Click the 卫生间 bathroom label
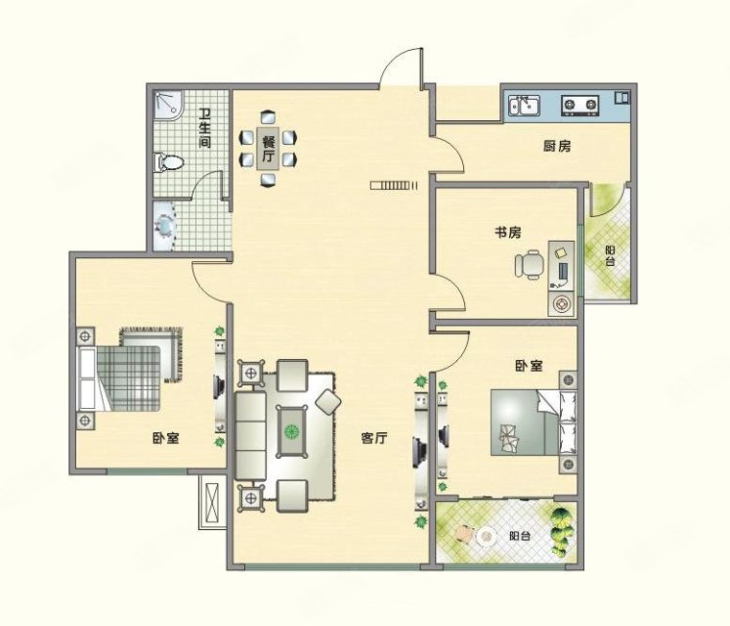pos(205,129)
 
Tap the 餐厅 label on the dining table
pos(268,149)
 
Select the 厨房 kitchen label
pos(557,147)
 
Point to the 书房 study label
pos(507,232)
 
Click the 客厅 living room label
pos(374,438)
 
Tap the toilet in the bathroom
pos(168,162)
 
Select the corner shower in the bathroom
pos(169,104)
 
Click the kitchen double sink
pos(524,106)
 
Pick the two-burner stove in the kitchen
pos(580,106)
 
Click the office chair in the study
pos(530,265)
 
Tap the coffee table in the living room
pos(292,431)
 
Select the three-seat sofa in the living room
pos(250,436)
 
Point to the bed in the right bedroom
pos(534,423)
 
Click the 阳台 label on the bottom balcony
pos(520,536)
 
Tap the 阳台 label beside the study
pos(610,256)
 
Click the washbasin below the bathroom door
pos(165,227)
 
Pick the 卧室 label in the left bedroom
pos(166,438)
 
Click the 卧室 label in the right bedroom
pos(529,366)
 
